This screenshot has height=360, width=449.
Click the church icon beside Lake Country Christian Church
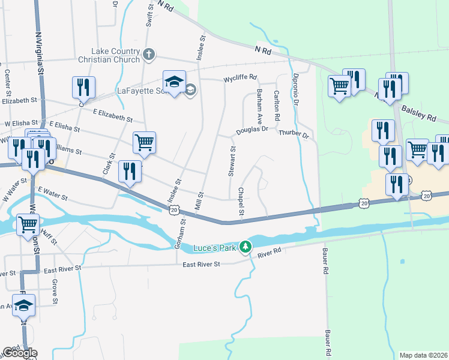tap(149, 56)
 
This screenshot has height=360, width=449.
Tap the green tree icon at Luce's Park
tap(245, 247)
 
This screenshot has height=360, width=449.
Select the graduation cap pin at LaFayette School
tap(174, 83)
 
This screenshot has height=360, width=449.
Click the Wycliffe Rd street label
tap(240, 78)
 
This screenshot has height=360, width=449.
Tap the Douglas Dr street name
tap(252, 130)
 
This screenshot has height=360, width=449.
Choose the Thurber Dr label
tap(294, 134)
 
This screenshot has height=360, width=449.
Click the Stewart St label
tap(232, 161)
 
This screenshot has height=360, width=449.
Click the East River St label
tap(200, 265)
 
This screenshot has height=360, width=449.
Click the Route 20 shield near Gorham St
tap(173, 210)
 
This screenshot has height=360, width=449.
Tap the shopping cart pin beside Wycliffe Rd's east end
tap(339, 87)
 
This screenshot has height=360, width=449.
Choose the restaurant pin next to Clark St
tap(130, 172)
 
